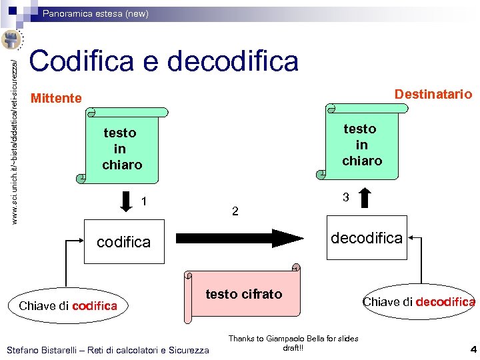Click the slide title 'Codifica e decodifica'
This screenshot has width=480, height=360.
[164, 61]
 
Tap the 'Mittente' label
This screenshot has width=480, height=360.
[57, 99]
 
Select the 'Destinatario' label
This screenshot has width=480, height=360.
[433, 94]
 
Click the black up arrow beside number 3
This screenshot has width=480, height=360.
[365, 198]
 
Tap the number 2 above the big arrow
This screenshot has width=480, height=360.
[235, 211]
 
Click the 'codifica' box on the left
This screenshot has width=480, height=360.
[124, 241]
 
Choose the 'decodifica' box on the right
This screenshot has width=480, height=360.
[366, 237]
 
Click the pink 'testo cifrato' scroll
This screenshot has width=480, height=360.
[243, 293]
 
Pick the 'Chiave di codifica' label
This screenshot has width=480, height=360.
[68, 306]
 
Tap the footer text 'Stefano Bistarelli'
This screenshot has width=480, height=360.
[107, 350]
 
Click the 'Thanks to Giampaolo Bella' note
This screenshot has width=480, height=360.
[293, 343]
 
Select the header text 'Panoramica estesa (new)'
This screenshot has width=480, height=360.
[96, 13]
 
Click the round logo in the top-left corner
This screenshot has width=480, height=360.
[12, 39]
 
